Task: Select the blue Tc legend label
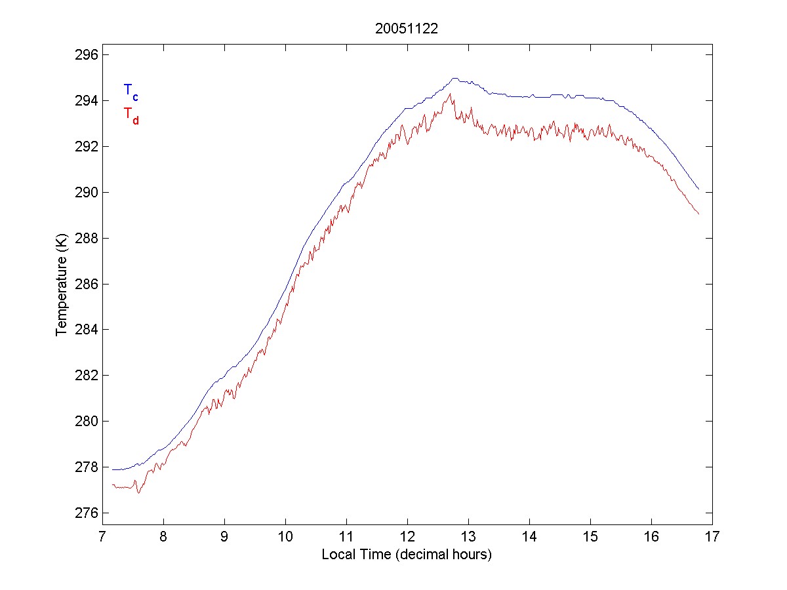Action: click(131, 92)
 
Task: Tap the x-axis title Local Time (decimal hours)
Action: click(407, 555)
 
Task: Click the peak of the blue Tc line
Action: click(454, 78)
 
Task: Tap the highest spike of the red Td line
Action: click(450, 94)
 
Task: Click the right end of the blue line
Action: click(699, 190)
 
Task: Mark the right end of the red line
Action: click(699, 214)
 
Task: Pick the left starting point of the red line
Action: click(113, 485)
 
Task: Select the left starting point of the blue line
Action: click(113, 469)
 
